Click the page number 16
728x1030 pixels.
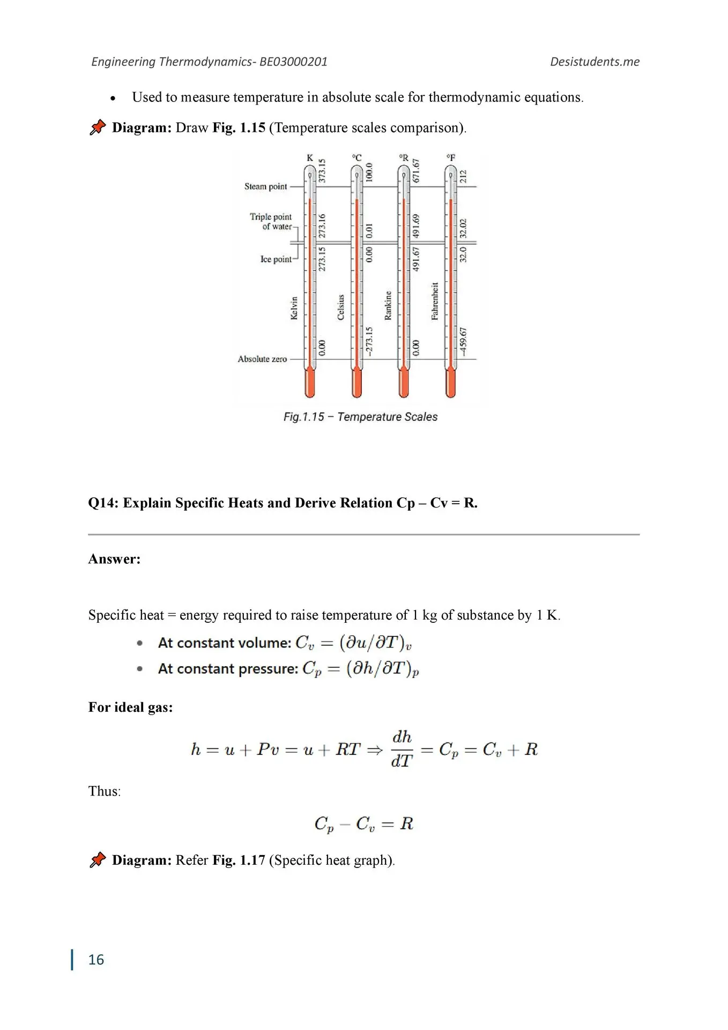pyautogui.click(x=96, y=960)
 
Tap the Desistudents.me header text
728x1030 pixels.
pyautogui.click(x=595, y=62)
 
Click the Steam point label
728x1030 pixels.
pyautogui.click(x=266, y=187)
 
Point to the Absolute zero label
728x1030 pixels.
pyautogui.click(x=262, y=359)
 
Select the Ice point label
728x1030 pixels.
pyautogui.click(x=276, y=259)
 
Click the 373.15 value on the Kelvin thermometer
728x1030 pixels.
pyautogui.click(x=322, y=171)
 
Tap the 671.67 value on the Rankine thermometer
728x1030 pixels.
pyautogui.click(x=417, y=171)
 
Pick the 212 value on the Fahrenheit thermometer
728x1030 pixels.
pyautogui.click(x=464, y=176)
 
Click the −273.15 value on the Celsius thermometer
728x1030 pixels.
pyautogui.click(x=369, y=341)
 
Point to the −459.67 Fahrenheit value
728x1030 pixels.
pyautogui.click(x=464, y=341)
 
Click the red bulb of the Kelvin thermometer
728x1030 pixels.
pyautogui.click(x=310, y=384)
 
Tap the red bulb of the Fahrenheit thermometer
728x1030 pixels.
pyautogui.click(x=451, y=384)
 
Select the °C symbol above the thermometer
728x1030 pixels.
pyautogui.click(x=357, y=158)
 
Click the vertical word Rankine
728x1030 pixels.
pyautogui.click(x=388, y=306)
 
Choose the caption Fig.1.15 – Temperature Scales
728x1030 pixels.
pyautogui.click(x=360, y=417)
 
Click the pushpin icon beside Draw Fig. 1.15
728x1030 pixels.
pyautogui.click(x=98, y=127)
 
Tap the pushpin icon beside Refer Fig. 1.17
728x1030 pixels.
pyautogui.click(x=98, y=860)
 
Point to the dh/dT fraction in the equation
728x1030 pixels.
pyautogui.click(x=402, y=749)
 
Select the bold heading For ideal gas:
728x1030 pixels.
pyautogui.click(x=131, y=707)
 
